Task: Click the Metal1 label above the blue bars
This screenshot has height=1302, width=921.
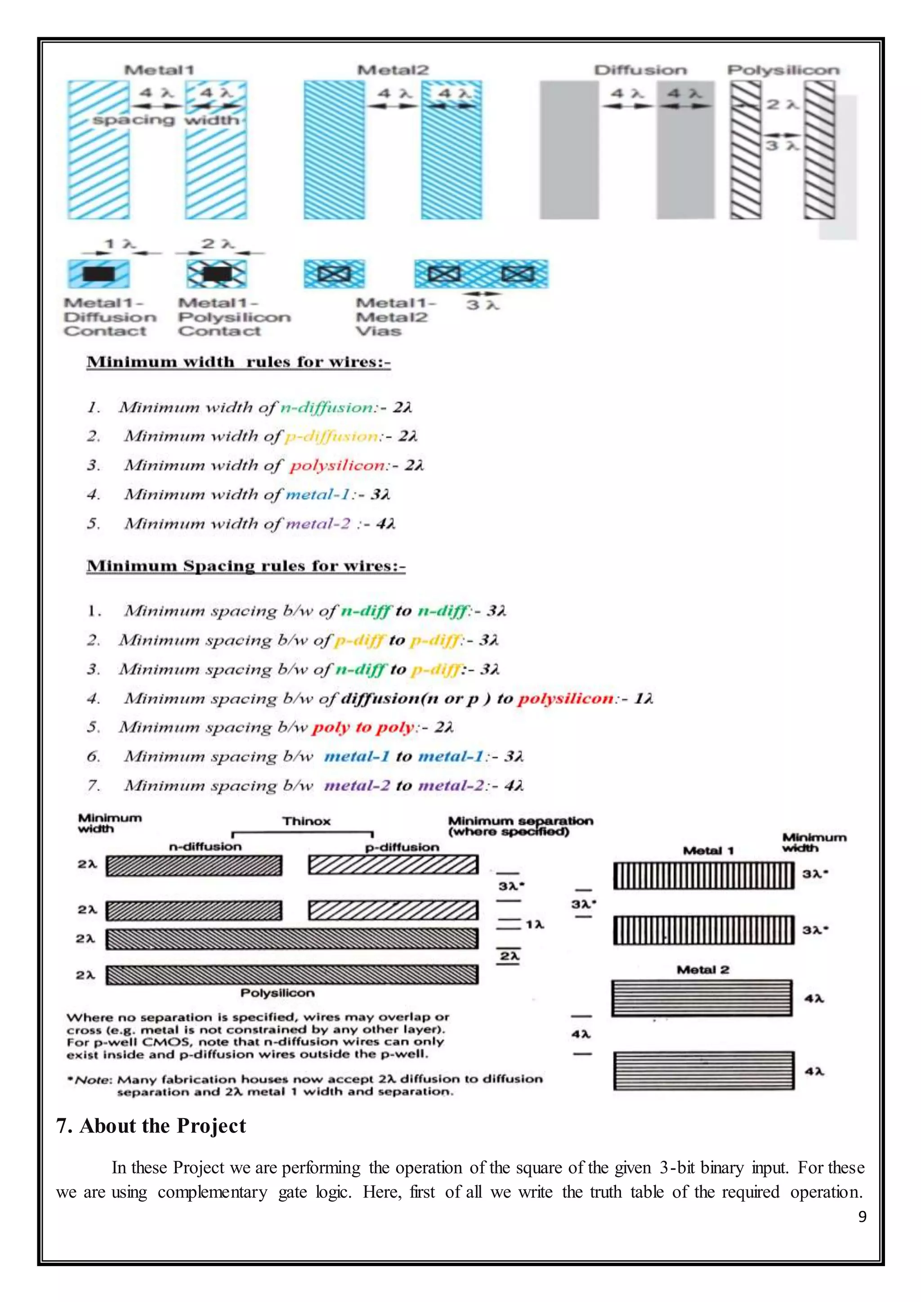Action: (x=159, y=70)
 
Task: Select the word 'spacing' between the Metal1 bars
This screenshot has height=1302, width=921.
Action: (x=134, y=120)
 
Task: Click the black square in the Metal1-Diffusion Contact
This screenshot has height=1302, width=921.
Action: (x=98, y=274)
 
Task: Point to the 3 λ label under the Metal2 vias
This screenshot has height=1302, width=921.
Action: (x=483, y=305)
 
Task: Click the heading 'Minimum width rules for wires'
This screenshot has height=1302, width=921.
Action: (x=238, y=362)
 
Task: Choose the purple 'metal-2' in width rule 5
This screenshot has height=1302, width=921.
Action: (x=317, y=523)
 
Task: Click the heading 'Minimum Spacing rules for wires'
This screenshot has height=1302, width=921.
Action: (x=246, y=566)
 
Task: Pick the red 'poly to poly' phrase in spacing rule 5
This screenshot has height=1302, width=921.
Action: (x=363, y=727)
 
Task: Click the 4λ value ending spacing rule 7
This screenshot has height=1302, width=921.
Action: (x=514, y=785)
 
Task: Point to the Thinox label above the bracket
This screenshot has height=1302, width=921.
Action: (x=306, y=821)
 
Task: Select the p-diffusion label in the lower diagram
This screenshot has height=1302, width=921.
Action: (x=402, y=847)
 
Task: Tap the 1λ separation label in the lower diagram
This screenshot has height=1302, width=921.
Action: (x=534, y=925)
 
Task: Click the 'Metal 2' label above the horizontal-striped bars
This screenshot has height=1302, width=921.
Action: (x=702, y=970)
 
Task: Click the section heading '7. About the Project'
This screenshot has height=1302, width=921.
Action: (x=151, y=1126)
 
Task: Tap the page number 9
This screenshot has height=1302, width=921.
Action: (x=862, y=1217)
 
